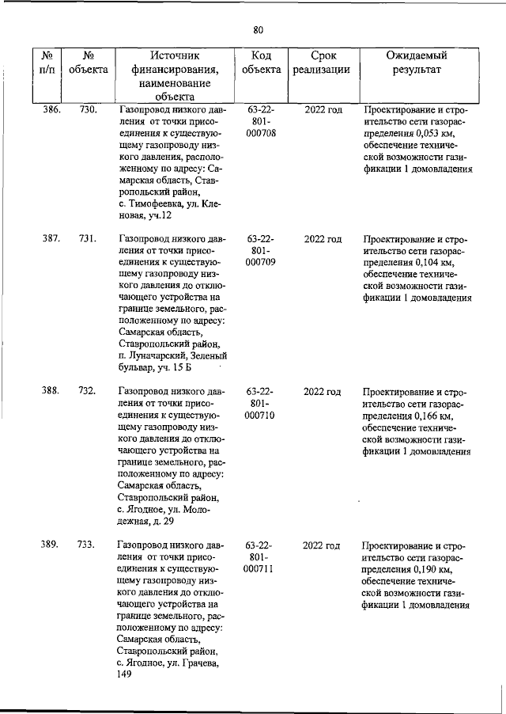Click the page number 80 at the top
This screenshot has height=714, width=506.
[258, 30]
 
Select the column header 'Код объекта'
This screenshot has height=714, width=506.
[261, 63]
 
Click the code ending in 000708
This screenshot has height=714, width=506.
[260, 135]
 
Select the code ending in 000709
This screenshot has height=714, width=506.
[260, 264]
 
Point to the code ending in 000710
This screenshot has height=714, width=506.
[260, 416]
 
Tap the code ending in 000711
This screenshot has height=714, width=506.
[260, 571]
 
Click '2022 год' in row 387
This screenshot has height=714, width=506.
[323, 238]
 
